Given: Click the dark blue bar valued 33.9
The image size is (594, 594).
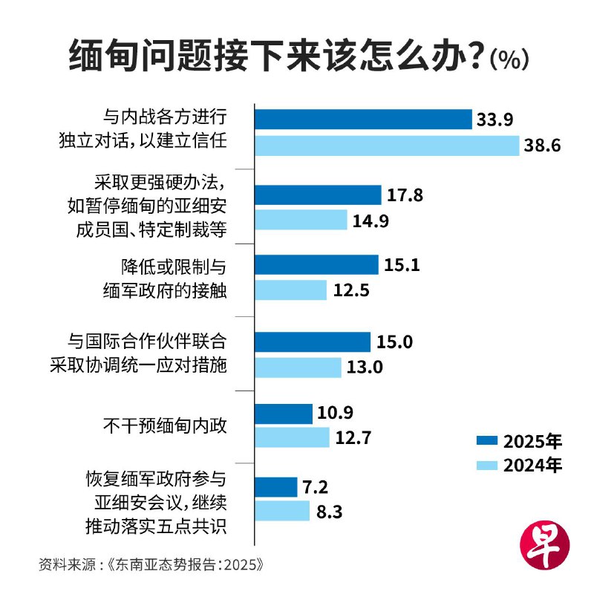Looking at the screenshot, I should pos(364,120).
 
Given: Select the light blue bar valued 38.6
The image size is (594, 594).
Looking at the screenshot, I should pos(387,146).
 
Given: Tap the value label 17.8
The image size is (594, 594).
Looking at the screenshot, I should pos(405,195).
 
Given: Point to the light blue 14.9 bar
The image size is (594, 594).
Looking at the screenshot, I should pos(301,220).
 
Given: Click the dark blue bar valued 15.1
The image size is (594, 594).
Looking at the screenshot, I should pos(317,265).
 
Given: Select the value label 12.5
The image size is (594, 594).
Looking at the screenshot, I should pos(351,290).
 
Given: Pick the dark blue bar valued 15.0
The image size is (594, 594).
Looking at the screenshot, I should pos(313,342).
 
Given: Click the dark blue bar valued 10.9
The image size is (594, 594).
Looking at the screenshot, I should pos(284,414).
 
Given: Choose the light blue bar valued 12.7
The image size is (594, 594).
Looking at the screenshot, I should pos(292,438).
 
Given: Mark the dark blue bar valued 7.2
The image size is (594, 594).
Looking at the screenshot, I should pos(276,487).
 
